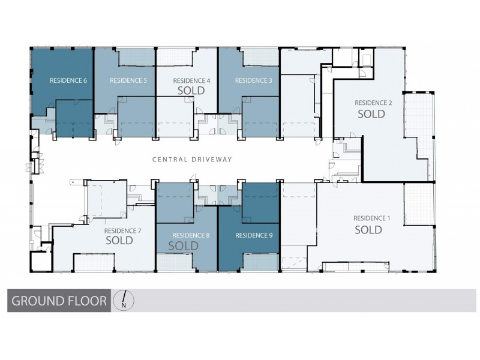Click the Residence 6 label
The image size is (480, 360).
(x=68, y=80)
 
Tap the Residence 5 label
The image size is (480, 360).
(x=128, y=80)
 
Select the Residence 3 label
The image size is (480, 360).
(x=253, y=80)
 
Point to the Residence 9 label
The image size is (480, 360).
(x=253, y=235)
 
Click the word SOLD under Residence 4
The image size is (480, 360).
(x=191, y=91)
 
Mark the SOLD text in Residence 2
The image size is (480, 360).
(x=371, y=113)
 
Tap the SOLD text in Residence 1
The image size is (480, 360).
(x=368, y=229)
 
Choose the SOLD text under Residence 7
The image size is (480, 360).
(x=119, y=241)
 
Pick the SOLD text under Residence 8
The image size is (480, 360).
(x=183, y=246)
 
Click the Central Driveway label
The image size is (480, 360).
(x=191, y=159)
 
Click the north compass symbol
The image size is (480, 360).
(x=124, y=300)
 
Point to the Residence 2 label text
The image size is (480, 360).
(x=373, y=103)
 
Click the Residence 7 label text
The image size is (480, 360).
(x=122, y=230)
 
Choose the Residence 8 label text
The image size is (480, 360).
(x=191, y=235)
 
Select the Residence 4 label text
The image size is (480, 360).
(x=191, y=80)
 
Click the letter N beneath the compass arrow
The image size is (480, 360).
(x=124, y=305)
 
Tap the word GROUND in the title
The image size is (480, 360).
(x=35, y=301)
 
